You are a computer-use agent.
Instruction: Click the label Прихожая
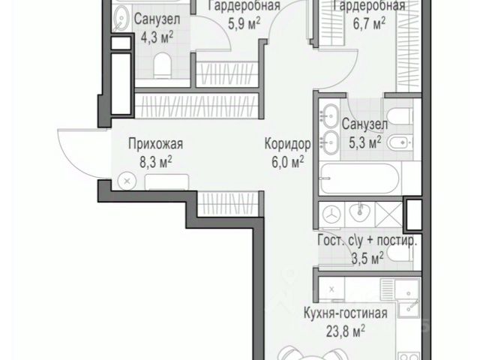point(156,144)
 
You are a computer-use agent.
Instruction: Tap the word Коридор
point(287,144)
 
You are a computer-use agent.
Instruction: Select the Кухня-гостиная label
point(346,313)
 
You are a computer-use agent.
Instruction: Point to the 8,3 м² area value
point(156,163)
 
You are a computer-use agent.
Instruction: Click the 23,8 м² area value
point(346,331)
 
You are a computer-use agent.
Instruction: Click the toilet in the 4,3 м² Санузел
point(162,65)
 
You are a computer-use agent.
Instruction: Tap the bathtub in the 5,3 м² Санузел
point(359,178)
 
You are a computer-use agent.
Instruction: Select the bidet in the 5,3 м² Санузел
point(399,142)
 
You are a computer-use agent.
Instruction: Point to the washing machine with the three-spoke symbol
point(332,214)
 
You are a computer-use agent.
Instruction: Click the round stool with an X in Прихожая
point(127,181)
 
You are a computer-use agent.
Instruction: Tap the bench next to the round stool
point(166,181)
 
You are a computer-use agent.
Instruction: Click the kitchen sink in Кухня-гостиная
point(409,308)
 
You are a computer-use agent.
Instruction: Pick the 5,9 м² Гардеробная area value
point(244,24)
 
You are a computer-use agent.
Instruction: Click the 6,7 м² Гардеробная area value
point(369,24)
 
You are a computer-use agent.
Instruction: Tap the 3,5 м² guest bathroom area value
point(367,259)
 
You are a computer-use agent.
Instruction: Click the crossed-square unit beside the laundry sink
point(388,214)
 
